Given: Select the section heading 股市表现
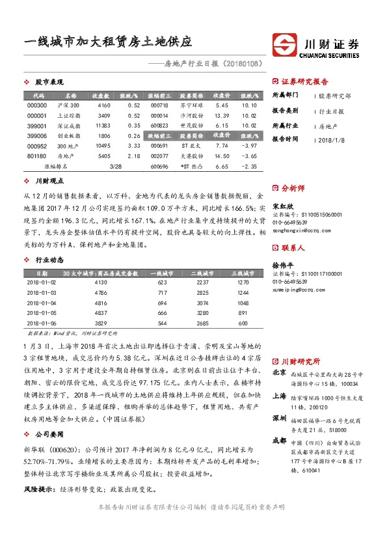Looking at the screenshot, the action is pos(49,83).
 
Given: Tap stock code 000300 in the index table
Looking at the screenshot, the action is pos(38,105).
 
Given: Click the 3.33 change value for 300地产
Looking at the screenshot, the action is pos(135,146).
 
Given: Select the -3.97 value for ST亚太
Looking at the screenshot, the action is pos(249,146).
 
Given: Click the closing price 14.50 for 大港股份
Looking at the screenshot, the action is pos(221,156).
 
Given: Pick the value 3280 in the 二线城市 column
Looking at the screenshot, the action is pos(202,314).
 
